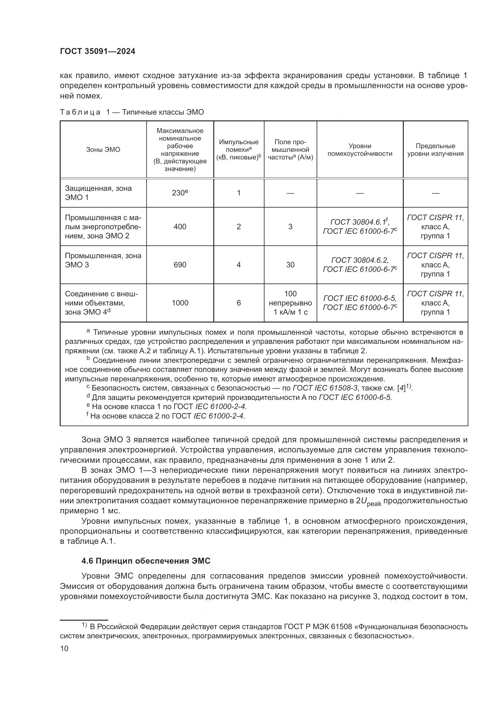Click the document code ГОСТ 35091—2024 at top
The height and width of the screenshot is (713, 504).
click(98, 52)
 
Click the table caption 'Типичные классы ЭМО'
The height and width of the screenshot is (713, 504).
click(163, 112)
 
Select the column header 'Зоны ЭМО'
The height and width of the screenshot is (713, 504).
click(103, 150)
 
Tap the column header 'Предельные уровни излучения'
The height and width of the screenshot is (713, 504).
click(435, 150)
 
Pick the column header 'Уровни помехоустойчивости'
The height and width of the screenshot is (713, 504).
click(360, 150)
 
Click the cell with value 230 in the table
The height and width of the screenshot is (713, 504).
click(180, 193)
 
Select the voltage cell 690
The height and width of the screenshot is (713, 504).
click(180, 265)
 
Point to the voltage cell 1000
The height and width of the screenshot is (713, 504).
click(180, 303)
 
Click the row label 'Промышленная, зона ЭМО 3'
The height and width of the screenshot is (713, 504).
click(103, 260)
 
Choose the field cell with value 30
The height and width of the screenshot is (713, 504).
click(290, 265)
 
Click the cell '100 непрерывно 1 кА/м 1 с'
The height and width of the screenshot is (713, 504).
click(290, 303)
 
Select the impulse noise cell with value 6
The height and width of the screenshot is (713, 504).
click(239, 303)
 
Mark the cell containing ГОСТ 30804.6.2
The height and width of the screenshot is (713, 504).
click(360, 260)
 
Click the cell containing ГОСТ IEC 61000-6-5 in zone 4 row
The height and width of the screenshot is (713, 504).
click(360, 299)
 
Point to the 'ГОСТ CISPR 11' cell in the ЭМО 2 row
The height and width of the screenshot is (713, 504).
click(435, 227)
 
